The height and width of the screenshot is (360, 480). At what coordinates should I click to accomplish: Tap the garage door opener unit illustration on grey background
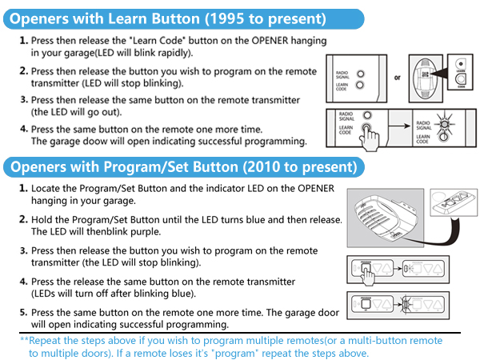click(x=382, y=215)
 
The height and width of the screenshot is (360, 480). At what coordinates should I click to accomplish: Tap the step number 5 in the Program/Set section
click(x=22, y=312)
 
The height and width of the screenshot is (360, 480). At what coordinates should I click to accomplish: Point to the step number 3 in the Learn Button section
click(x=22, y=100)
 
